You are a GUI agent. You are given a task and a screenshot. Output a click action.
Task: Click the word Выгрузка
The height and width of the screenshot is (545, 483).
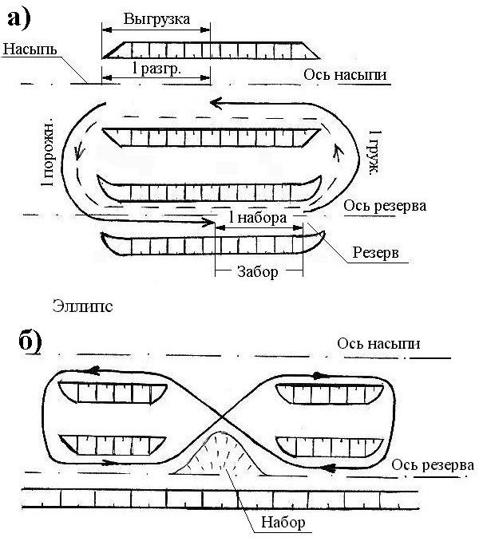click(156, 19)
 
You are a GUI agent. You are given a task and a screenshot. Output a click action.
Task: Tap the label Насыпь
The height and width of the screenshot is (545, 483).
click(30, 49)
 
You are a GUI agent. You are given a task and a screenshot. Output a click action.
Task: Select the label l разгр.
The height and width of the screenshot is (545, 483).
click(156, 69)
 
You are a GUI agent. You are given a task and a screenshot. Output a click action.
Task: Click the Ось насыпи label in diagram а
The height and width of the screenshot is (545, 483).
click(345, 75)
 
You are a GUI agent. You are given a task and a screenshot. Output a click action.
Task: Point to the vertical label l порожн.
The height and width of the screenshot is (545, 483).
click(48, 152)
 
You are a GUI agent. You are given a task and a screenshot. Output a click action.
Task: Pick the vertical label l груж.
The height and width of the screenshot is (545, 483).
click(375, 152)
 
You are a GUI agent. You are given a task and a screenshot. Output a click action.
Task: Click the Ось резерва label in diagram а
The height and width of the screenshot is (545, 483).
click(385, 206)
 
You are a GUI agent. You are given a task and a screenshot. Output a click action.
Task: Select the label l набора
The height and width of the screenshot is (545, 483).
click(258, 218)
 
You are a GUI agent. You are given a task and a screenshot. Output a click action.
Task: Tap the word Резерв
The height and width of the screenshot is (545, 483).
click(375, 252)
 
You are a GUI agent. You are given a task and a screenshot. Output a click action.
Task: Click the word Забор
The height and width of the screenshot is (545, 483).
click(258, 271)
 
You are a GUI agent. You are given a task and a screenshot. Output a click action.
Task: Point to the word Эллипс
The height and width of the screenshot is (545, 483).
click(83, 306)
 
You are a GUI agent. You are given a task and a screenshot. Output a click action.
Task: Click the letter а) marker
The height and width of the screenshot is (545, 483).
click(19, 18)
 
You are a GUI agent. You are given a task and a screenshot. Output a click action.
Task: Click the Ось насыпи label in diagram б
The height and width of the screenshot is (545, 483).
click(378, 344)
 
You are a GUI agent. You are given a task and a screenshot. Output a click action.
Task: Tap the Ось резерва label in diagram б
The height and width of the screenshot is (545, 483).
click(433, 465)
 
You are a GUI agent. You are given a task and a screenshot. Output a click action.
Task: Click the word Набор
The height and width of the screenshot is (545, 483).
click(283, 522)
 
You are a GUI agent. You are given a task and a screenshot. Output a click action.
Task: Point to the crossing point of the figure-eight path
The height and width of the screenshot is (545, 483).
click(222, 416)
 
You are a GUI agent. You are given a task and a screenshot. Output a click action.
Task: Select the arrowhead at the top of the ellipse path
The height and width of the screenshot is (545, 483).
click(216, 103)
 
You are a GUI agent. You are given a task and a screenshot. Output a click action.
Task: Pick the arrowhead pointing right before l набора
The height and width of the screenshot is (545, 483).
click(208, 221)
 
